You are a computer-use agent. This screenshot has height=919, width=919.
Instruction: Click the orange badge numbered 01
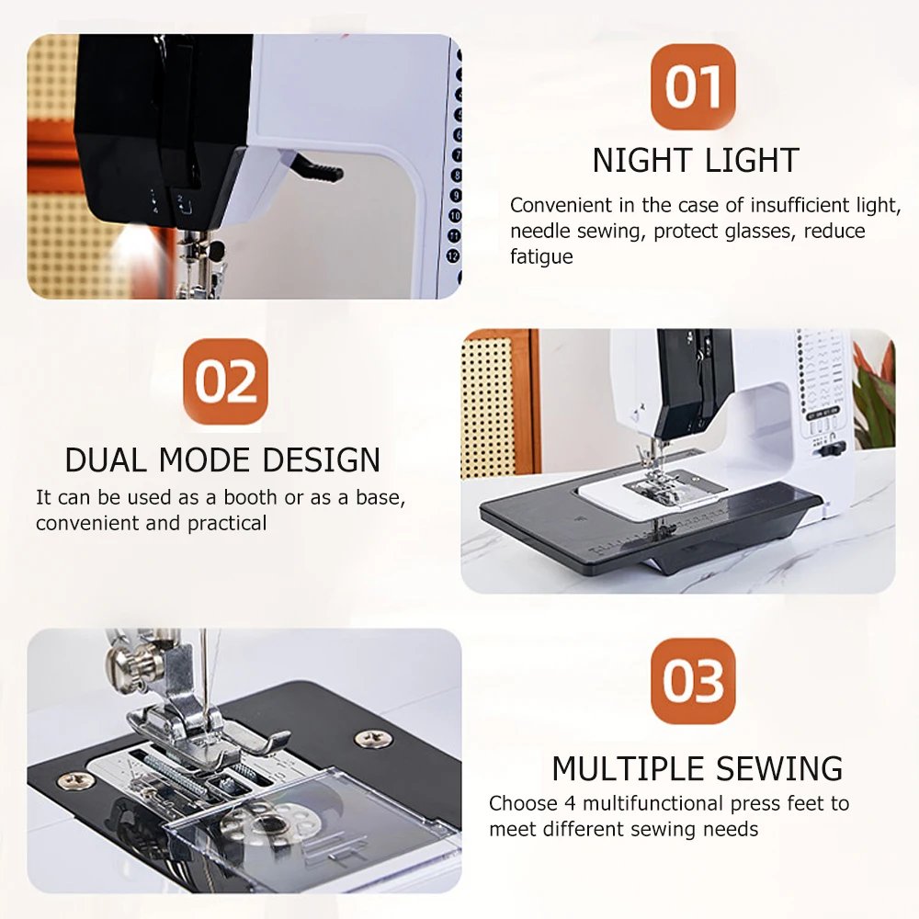pos(694,86)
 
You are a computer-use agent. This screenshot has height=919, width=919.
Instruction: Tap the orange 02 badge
pos(230,380)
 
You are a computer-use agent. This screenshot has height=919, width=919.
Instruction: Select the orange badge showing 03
pos(694,681)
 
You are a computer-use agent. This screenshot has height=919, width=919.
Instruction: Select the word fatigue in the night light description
pos(541,257)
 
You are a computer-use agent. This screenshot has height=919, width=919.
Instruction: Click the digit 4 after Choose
pos(545,803)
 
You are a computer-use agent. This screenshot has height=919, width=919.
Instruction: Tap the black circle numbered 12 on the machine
pos(453,255)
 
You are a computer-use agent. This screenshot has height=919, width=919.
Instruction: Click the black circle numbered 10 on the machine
pos(453,215)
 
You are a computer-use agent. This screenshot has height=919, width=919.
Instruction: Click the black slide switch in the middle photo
pos(832,448)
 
